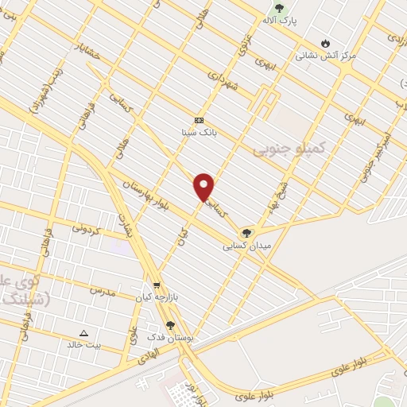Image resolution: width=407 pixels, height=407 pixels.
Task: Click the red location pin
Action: tap(204, 186)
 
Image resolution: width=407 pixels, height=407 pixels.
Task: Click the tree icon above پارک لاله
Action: tap(278, 8)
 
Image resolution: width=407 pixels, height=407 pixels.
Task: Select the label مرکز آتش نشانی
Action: tap(325, 56)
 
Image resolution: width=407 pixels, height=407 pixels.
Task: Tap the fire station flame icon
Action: tap(325, 42)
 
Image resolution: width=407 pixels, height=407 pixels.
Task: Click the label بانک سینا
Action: tap(199, 133)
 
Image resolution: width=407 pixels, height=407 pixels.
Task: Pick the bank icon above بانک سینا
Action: tap(199, 120)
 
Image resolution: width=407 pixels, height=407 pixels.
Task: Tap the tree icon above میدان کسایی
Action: tap(247, 233)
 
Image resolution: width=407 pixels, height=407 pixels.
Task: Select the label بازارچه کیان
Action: tap(154, 297)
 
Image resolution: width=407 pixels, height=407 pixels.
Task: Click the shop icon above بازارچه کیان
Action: tap(156, 285)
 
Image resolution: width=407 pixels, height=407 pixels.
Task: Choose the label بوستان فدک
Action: tap(170, 337)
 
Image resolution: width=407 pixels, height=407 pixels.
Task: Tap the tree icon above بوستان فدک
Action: tap(170, 324)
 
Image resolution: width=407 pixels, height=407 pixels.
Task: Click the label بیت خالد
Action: tap(83, 345)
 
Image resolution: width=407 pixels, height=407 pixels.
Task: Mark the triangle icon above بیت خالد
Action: tap(84, 332)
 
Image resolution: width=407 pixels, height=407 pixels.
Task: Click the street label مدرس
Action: tap(103, 292)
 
